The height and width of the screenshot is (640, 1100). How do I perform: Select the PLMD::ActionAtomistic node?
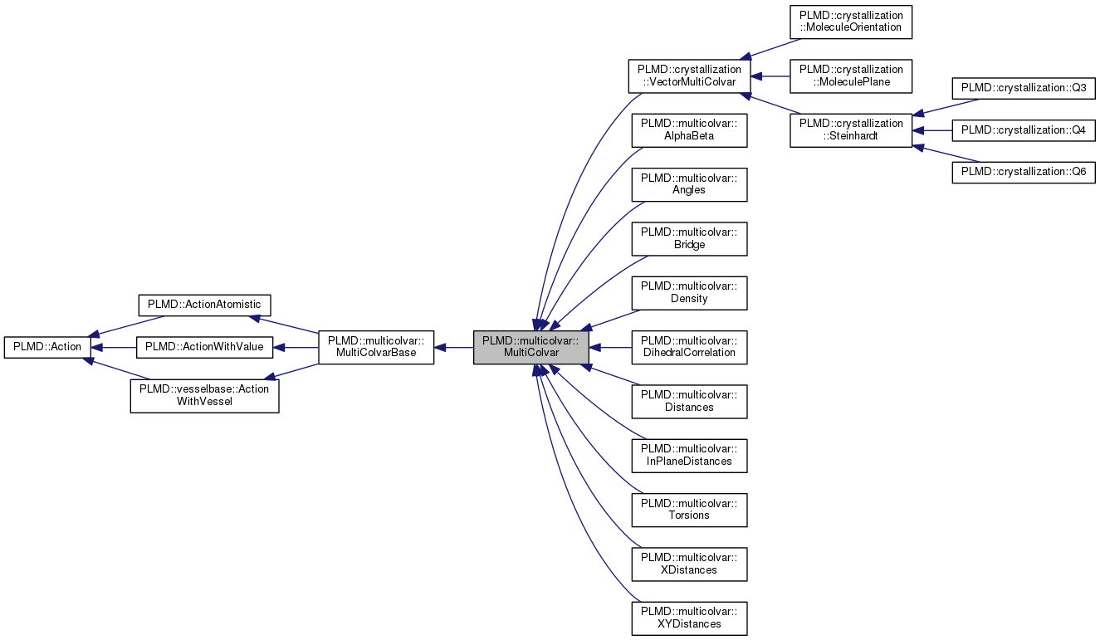coord(203,305)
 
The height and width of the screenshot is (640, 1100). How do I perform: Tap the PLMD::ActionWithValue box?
coord(204,347)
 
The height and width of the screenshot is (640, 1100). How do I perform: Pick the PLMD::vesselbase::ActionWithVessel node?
coord(204,395)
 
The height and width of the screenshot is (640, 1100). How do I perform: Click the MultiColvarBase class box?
coord(376,347)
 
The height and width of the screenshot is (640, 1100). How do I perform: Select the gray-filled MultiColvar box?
coord(531,347)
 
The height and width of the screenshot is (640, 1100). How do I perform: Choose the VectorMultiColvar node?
coord(689,76)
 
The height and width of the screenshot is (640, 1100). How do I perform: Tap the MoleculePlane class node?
coord(851,76)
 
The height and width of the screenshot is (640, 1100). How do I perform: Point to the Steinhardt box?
coord(851,130)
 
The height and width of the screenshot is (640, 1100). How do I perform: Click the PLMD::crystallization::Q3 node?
coord(1024,88)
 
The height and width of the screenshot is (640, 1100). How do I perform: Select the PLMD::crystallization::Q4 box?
coord(1024,130)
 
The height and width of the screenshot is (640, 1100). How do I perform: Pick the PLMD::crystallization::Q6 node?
coord(1024,173)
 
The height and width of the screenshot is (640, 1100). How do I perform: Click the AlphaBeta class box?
coord(689,130)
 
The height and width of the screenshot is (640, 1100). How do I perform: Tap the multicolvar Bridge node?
coord(689,239)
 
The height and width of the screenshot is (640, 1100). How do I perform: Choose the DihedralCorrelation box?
coord(689,347)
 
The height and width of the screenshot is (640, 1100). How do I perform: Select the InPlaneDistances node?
coord(689,455)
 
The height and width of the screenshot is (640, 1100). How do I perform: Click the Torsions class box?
coord(689,509)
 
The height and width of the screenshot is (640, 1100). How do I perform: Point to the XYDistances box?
coord(689,618)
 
